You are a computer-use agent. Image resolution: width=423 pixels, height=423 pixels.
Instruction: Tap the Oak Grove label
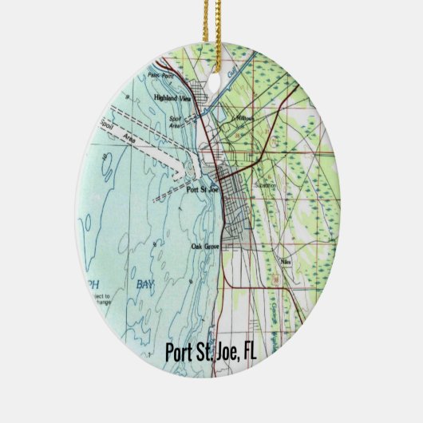pos(205,246)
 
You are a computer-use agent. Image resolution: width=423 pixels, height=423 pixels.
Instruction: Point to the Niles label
pos(286,261)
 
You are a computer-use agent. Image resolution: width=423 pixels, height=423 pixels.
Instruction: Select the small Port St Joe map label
pos(202,190)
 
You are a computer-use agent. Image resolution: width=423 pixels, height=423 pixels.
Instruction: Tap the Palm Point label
pos(160,76)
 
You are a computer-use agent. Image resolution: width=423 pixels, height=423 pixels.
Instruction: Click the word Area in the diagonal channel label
pos(128,139)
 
